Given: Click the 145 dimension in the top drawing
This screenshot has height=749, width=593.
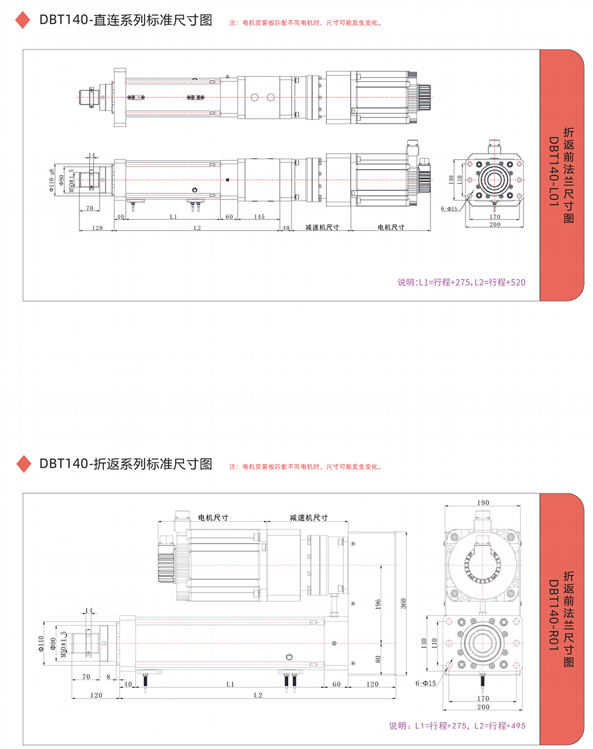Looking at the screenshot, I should coord(259,217).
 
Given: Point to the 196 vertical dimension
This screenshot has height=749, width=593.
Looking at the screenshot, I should coord(378,604).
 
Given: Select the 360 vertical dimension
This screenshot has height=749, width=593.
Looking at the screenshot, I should coord(403,603).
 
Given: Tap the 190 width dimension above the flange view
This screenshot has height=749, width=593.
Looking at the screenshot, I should coord(483,503).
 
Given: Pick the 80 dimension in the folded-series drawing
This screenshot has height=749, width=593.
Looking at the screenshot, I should coord(378,659).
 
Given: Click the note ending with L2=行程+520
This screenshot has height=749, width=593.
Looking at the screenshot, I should coord(461,283).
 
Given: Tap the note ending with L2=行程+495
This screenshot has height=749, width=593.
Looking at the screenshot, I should coord(457,725).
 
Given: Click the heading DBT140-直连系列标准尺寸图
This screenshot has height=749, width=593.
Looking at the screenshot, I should coord(126,20).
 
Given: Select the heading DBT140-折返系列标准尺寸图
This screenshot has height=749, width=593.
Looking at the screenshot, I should coord(126,464).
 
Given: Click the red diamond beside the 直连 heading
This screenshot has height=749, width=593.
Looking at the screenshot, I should coord(23,20).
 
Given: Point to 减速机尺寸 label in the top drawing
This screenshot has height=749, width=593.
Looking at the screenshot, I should coord(322,227).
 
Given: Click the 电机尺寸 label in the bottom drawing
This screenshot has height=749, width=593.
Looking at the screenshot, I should coord(213,518).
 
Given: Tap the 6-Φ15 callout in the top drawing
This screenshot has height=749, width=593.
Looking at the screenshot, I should coord(449,209).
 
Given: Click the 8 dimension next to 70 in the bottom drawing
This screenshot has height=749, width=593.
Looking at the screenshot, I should coord(109,677).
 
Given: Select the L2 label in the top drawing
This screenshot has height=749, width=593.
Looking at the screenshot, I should coord(197,228).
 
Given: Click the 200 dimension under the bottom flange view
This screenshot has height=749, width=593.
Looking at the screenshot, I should coord(483,707).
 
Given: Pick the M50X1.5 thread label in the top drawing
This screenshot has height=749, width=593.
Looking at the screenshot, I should coord(72,180).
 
